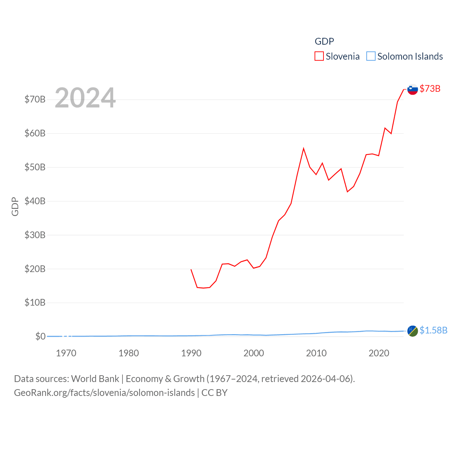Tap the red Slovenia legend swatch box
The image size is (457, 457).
319,56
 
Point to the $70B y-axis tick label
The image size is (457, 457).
35,99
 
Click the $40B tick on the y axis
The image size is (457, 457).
35,201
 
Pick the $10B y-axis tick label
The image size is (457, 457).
35,303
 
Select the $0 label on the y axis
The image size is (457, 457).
40,336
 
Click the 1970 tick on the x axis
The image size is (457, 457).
66,353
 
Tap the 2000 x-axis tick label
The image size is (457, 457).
254,353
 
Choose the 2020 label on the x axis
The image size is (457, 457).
379,353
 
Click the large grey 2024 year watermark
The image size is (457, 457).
85,98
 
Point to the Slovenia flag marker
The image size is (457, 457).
413,89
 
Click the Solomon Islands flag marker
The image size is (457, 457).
413,331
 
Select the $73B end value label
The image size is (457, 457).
430,89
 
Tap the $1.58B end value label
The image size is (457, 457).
433,330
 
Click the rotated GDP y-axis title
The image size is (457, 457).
15,206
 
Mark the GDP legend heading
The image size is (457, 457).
324,41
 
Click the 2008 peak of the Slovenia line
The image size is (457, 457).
303,149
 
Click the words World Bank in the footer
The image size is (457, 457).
95,378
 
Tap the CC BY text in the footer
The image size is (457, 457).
214,393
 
